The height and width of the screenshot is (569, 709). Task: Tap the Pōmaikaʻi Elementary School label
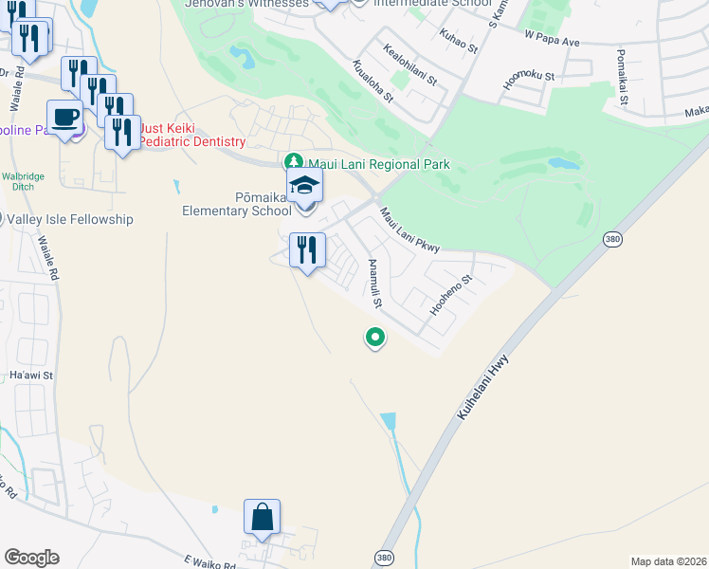[237, 203]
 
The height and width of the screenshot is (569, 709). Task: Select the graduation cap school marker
[305, 186]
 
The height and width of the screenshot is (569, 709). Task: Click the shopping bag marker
[262, 518]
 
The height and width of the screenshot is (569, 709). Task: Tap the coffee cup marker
[64, 118]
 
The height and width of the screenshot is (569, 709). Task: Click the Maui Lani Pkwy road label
[409, 230]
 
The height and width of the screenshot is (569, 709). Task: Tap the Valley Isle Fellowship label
[70, 219]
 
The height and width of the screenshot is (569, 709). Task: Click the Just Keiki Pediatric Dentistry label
[192, 135]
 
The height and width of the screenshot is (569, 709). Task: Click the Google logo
[31, 557]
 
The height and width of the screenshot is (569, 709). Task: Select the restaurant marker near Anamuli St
[307, 251]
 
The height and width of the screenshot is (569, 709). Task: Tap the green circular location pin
[375, 337]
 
